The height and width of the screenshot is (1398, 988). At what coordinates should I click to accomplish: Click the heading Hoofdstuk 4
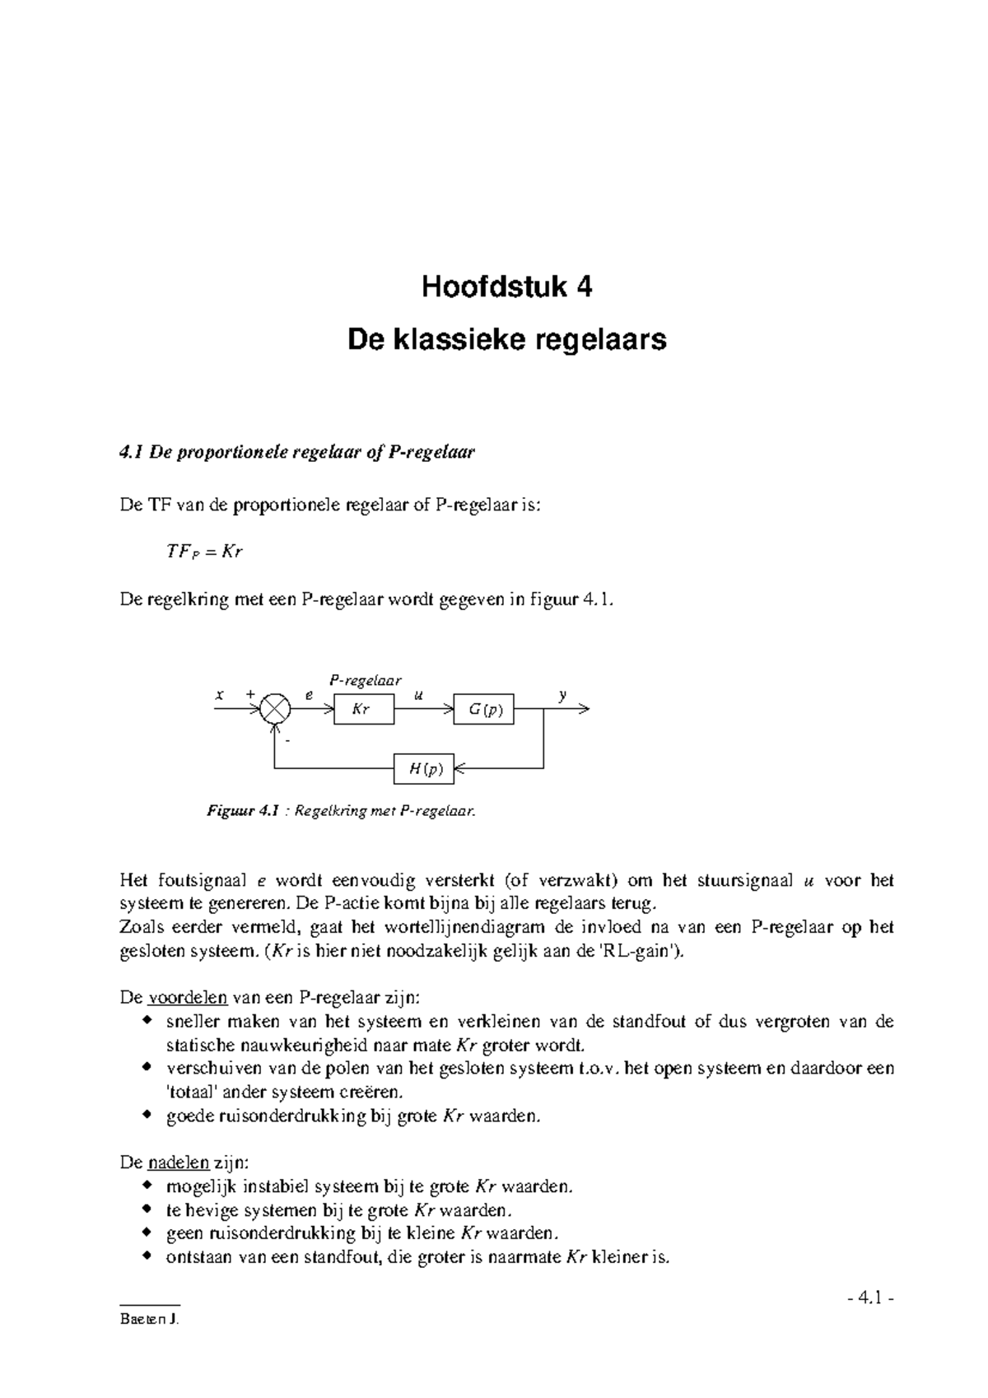point(506,287)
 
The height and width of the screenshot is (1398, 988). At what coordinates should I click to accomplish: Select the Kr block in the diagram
point(363,709)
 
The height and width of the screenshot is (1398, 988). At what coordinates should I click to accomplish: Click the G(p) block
point(484,709)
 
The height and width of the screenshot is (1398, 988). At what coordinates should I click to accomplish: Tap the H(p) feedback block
point(424,769)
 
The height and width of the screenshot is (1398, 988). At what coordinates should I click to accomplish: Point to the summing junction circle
point(275,709)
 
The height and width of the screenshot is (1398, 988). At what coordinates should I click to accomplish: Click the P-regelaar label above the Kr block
point(365,680)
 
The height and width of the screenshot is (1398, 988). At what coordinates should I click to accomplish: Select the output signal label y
point(563,695)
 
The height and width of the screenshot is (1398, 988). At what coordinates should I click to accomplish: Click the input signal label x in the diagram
point(219,695)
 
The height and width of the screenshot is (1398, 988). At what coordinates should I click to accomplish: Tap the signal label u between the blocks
point(418,695)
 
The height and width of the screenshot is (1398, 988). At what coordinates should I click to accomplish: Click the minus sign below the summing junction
point(287,740)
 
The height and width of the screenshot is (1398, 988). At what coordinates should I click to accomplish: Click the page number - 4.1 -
point(869,1298)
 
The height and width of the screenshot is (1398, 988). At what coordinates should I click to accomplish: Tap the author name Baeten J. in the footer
point(148,1319)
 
